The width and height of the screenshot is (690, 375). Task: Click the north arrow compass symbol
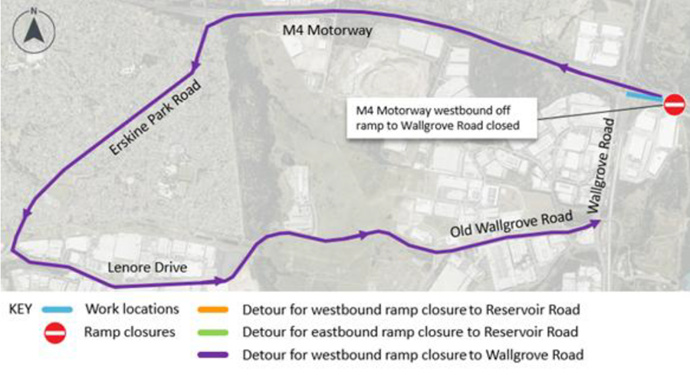tap(34, 31)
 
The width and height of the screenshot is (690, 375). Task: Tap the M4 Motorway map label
tap(327, 30)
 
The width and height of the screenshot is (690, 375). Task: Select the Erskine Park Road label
tap(155, 117)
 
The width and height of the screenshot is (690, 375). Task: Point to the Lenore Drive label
tap(147, 267)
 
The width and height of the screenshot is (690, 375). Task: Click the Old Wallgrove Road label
tap(511, 224)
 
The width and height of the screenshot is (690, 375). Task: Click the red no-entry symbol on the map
tap(674, 105)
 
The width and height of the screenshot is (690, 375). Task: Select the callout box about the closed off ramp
tap(442, 118)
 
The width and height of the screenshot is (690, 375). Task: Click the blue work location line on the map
tap(644, 96)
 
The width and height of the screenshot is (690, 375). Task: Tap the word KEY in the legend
tap(20, 309)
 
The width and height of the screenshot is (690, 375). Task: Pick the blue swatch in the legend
tap(57, 309)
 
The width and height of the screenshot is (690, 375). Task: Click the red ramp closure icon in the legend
tap(55, 333)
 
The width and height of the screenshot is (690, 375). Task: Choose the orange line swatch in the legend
tap(213, 309)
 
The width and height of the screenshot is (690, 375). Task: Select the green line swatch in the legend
tap(213, 332)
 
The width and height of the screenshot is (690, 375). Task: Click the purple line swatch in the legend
tap(213, 355)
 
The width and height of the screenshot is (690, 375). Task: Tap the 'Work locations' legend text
tap(132, 309)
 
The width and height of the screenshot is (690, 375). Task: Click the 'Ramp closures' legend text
tap(130, 332)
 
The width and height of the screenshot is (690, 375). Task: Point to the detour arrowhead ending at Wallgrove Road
tap(595, 223)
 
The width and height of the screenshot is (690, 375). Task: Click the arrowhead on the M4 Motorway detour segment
tap(564, 67)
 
